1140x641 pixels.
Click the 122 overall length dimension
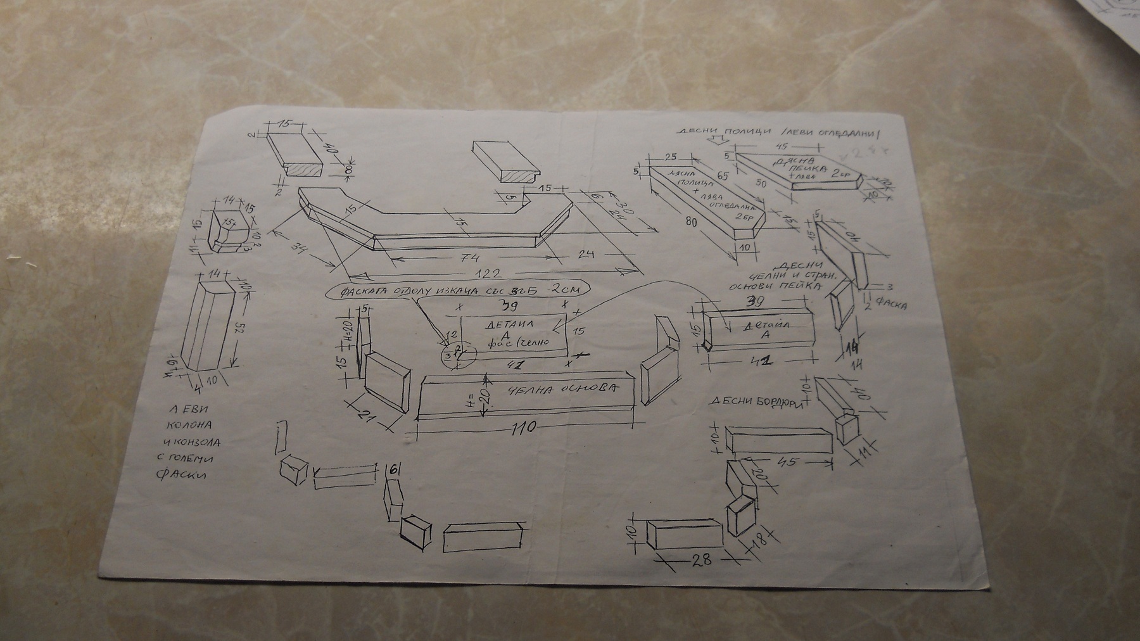pos(488,274)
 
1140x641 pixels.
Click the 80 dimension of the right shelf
pos(691,222)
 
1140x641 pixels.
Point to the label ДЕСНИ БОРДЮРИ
pos(757,402)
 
